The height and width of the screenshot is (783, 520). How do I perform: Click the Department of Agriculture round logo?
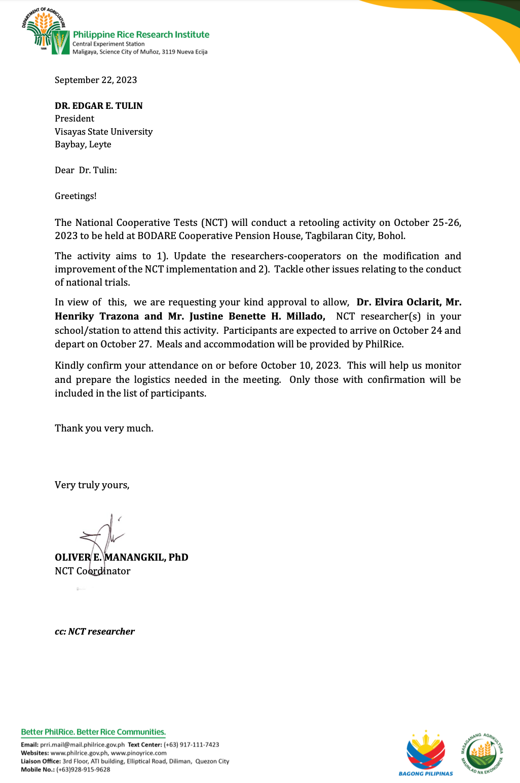click(44, 29)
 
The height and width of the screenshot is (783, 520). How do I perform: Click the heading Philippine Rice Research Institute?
click(141, 34)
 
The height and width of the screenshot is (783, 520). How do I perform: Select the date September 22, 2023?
click(96, 80)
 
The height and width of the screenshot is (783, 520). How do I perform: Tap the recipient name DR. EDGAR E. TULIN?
click(99, 106)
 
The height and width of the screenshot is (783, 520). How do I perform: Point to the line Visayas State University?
click(103, 132)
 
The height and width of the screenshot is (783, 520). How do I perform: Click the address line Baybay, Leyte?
click(83, 144)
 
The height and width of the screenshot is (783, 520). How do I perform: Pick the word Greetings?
click(76, 196)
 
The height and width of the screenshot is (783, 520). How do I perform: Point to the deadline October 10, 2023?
click(301, 366)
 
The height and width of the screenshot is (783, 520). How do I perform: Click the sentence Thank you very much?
click(104, 428)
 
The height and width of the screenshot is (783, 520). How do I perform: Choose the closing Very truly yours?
click(92, 485)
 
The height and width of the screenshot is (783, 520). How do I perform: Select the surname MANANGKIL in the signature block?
click(135, 558)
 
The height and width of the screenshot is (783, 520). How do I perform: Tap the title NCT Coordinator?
click(93, 571)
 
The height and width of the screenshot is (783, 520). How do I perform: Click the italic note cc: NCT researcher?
click(95, 632)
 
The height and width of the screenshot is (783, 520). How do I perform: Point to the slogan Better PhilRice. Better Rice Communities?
click(93, 732)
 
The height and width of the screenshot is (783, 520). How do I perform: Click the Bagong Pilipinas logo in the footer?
click(426, 753)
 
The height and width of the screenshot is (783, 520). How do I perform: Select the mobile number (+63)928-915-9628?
click(83, 769)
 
